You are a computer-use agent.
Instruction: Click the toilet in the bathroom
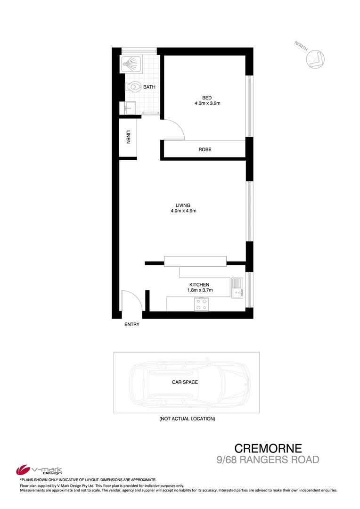[x=133, y=87]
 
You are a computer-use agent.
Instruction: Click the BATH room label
[x=149, y=87]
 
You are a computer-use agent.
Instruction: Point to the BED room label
[x=200, y=98]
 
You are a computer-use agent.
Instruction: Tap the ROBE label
[x=205, y=149]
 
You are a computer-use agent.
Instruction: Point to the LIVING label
[x=183, y=205]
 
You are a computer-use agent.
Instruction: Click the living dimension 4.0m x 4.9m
[x=183, y=211]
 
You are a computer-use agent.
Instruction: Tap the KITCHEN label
[x=199, y=285]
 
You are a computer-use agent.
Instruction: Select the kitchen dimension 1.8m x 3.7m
[x=200, y=290]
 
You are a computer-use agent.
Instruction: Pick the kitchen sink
[x=237, y=288]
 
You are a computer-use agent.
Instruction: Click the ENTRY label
[x=132, y=324]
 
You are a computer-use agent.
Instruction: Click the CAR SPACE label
[x=185, y=382]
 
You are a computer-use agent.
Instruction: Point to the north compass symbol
[x=315, y=58]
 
